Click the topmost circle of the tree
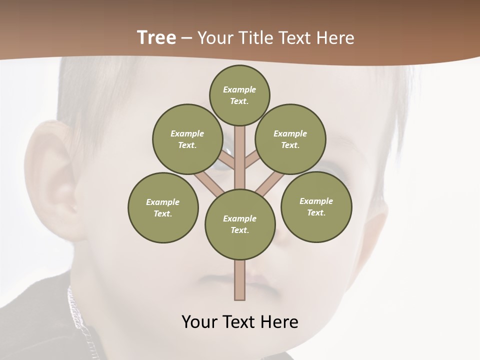(x=239, y=95)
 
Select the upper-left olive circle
(x=187, y=139)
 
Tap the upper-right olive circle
(x=290, y=139)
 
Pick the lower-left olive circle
(x=163, y=207)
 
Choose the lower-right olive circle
(x=316, y=206)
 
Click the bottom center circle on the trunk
(x=240, y=224)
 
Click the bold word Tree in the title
(x=156, y=37)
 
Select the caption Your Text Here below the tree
(x=239, y=321)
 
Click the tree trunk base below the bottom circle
(x=240, y=280)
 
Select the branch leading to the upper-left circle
(x=227, y=161)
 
